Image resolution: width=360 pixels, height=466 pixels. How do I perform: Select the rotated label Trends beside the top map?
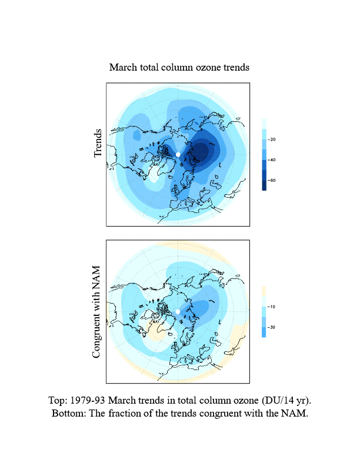pyautogui.click(x=99, y=143)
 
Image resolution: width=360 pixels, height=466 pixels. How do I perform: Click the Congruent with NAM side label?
pyautogui.click(x=97, y=312)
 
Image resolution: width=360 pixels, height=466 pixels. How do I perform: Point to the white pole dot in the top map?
pyautogui.click(x=178, y=154)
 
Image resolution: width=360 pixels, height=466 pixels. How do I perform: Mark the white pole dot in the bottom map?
pyautogui.click(x=178, y=312)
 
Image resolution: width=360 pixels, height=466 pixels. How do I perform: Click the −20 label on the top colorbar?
pyautogui.click(x=272, y=139)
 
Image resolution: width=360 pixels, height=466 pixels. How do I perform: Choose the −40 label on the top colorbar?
pyautogui.click(x=272, y=160)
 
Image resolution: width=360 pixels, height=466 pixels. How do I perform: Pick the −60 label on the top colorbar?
pyautogui.click(x=272, y=181)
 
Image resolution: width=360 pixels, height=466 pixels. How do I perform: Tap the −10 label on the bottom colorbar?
pyautogui.click(x=272, y=307)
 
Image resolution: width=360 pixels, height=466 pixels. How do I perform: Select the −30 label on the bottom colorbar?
pyautogui.click(x=272, y=327)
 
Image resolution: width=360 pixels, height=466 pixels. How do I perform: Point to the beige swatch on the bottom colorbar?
pyautogui.click(x=264, y=291)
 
